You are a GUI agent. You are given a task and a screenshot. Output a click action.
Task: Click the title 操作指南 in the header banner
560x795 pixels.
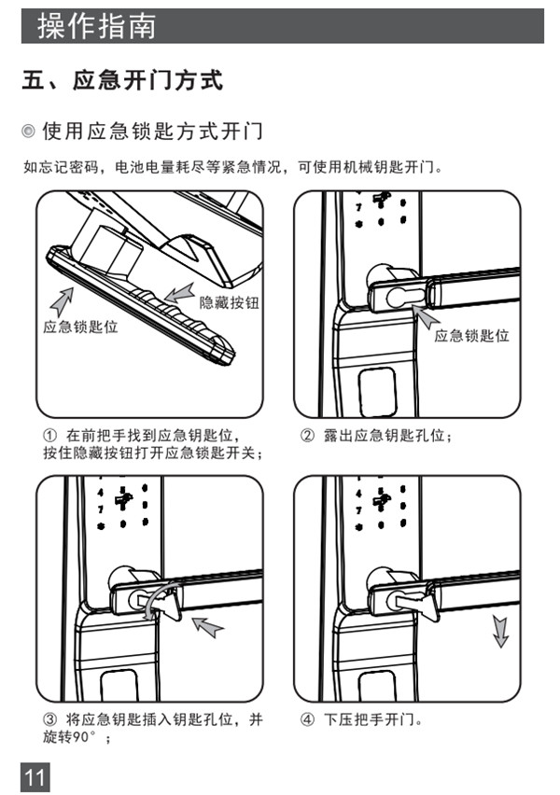[x=95, y=26]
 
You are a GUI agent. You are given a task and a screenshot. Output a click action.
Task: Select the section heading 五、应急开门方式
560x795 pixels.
[x=122, y=81]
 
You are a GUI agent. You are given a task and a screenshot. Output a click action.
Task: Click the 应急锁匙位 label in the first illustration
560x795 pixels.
[x=81, y=328]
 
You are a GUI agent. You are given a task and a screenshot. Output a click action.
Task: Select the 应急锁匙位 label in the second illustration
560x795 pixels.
[x=471, y=335]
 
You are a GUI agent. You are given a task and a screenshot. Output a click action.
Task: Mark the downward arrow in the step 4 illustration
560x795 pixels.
[x=501, y=633]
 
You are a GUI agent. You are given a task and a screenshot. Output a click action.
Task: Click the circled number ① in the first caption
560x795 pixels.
[x=51, y=436]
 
